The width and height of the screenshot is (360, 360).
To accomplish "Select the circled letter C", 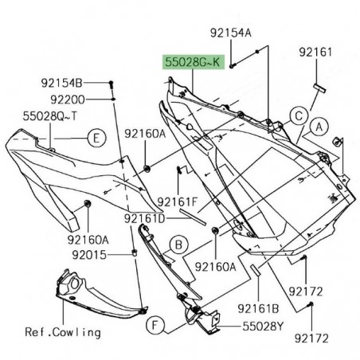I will pos(297,115).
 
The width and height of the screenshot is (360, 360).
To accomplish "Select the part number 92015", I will pos(90,255).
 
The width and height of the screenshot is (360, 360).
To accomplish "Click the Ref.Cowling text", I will pos(37,332).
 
